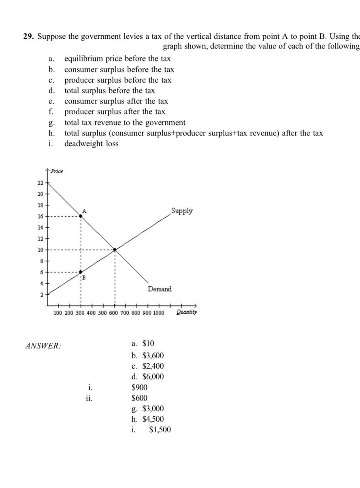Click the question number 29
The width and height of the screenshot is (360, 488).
[x=28, y=36]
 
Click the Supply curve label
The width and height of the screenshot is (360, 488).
[x=182, y=211]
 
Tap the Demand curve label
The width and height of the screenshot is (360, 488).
[x=160, y=289]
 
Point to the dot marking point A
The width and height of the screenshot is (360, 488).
[x=81, y=216]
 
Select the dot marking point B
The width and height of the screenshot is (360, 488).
[x=81, y=272]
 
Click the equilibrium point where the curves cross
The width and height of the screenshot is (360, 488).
[x=115, y=250]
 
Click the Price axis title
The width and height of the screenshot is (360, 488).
[x=57, y=171]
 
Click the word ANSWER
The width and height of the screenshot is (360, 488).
[x=43, y=346]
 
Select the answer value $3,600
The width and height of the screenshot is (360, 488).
[x=153, y=356]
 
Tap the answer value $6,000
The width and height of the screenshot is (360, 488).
[x=153, y=377]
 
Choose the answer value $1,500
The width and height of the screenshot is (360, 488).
[x=160, y=430]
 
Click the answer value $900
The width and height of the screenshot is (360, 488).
[x=140, y=387]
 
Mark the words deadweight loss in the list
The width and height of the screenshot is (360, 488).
[x=92, y=144]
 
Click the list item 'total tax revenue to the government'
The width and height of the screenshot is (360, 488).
[x=125, y=123]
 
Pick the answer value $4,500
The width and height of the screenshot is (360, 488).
[x=153, y=419]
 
